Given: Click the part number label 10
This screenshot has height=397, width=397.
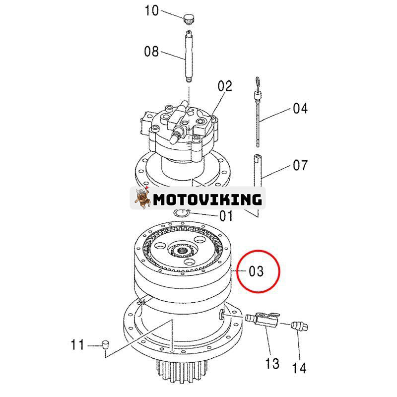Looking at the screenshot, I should coord(151,11).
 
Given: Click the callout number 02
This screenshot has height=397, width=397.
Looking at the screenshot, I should coord(225,86).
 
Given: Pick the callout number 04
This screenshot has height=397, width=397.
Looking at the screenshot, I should coord(300,107).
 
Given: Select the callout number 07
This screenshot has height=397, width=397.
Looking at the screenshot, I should coord(300,165).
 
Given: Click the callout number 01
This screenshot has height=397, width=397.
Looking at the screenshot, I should coord(226,216).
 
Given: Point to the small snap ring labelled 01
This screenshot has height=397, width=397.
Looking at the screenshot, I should coord(182,212).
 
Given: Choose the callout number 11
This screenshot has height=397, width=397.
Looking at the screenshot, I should coord(78,343).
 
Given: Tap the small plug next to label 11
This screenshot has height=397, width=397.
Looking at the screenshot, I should coord(105,343).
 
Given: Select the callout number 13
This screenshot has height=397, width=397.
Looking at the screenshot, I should coord(272,364).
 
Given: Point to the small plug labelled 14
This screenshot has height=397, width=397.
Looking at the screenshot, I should coord(299,326).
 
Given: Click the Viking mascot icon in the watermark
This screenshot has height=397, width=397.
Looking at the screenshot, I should coord(142,199).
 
